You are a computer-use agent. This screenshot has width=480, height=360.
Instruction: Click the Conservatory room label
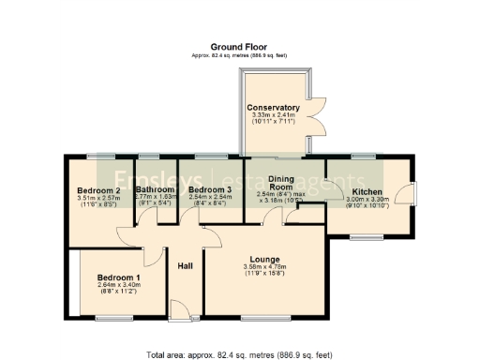pyautogui.click(x=273, y=108)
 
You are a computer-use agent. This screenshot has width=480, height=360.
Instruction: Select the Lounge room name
pyautogui.click(x=266, y=258)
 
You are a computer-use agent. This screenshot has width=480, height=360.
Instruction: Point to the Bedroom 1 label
pyautogui.click(x=118, y=277)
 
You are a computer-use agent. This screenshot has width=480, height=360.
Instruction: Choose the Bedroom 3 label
pyautogui.click(x=210, y=189)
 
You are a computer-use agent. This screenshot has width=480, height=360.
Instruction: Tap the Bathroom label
pyautogui.click(x=156, y=189)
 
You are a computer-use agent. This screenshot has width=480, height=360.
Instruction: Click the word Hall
pyautogui.click(x=185, y=265)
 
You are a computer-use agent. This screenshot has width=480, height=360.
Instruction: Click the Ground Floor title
pyautogui.click(x=239, y=46)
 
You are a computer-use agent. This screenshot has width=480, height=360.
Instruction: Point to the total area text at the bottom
pyautogui.click(x=239, y=354)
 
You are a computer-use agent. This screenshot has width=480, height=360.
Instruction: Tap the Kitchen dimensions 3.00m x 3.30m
pyautogui.click(x=367, y=199)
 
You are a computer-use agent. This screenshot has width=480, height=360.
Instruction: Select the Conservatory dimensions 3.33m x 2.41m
pyautogui.click(x=273, y=115)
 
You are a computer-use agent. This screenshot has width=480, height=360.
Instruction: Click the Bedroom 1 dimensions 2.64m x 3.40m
pyautogui.click(x=118, y=286)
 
